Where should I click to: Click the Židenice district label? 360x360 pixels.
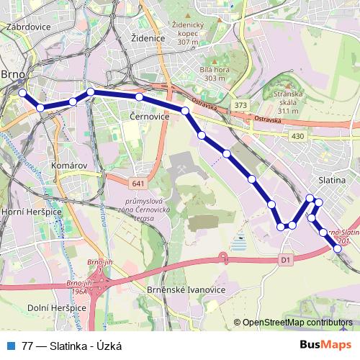(149, 37)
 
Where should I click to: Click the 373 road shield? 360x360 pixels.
(240, 105)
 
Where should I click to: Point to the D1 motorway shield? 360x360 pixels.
(285, 259)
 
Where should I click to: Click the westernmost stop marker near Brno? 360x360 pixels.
(22, 93)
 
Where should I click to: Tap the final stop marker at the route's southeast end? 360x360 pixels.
(338, 248)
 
